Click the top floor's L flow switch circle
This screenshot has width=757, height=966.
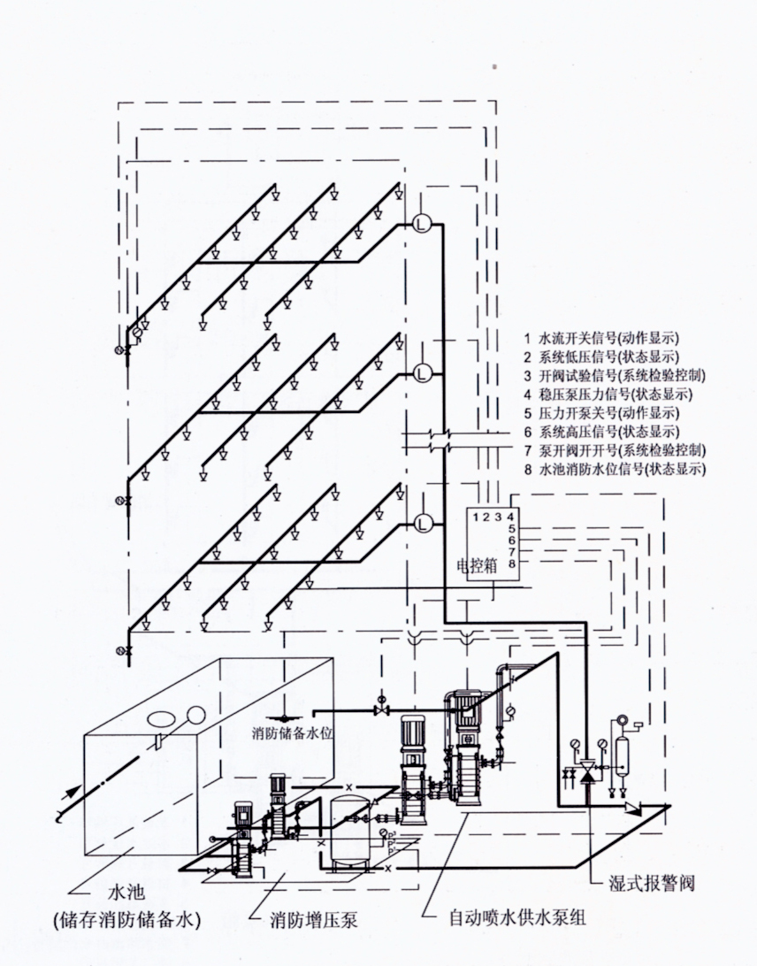click(421, 224)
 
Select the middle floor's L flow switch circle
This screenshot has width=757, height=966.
click(421, 372)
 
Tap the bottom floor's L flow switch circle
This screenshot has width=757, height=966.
click(421, 524)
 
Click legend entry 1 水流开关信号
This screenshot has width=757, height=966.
click(601, 338)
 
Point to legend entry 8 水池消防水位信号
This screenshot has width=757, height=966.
click(615, 470)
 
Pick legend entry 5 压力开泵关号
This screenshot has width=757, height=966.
click(601, 413)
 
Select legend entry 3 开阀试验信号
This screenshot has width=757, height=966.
click(615, 376)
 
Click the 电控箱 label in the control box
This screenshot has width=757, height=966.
click(477, 565)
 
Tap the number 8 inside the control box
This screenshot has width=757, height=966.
click(510, 563)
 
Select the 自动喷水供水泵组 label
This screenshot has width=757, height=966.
click(516, 918)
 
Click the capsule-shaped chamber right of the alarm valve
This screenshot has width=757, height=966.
click(623, 752)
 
